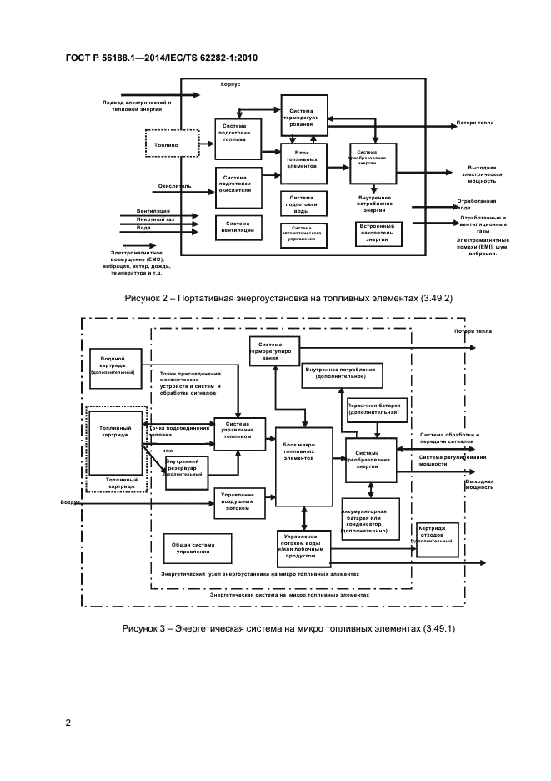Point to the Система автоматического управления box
point(302,234)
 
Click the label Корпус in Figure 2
point(231,84)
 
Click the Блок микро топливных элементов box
point(304,456)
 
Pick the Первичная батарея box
point(377,410)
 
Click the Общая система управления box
point(197,548)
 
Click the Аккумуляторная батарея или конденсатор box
point(369,519)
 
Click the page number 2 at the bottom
point(68,723)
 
